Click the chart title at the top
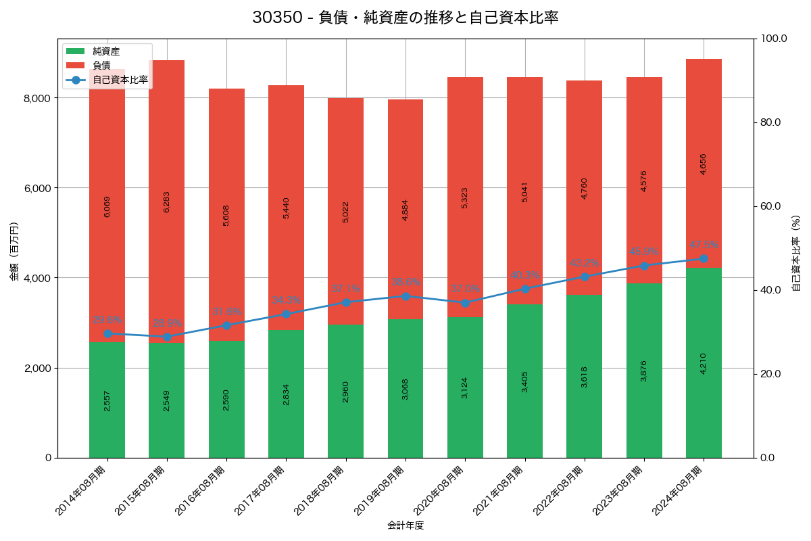[x=405, y=18]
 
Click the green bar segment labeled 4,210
[x=704, y=363]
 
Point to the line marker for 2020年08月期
[x=465, y=303]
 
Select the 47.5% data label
[x=704, y=245]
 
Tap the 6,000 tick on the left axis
[x=38, y=188]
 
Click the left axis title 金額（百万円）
[x=14, y=252]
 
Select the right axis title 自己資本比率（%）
[x=795, y=253]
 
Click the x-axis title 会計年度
[x=405, y=525]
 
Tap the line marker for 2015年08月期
[x=166, y=337]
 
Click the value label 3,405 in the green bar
[x=524, y=381]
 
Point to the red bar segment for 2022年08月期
[x=584, y=187]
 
